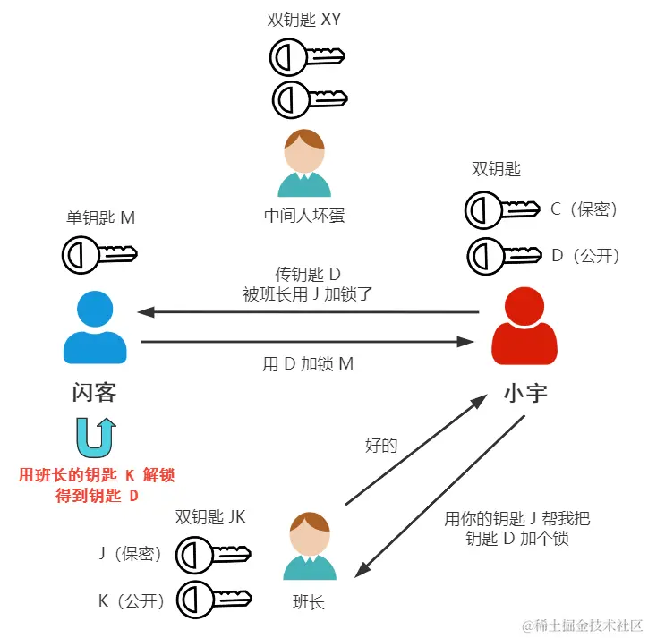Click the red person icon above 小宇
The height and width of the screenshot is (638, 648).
[525, 327]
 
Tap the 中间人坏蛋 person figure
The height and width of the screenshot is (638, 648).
[304, 163]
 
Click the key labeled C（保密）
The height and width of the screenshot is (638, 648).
[502, 210]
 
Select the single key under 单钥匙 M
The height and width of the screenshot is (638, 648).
[99, 253]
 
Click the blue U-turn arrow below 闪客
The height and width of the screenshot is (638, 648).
[95, 438]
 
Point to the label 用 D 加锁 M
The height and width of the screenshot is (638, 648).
[306, 364]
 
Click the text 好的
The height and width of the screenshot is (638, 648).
[381, 445]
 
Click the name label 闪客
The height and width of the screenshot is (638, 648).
[95, 393]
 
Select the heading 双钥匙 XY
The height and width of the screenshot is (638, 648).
[304, 19]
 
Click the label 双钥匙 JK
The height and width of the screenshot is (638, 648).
[209, 516]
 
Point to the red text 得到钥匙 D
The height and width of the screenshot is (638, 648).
[97, 495]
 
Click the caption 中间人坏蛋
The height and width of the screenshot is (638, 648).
[304, 216]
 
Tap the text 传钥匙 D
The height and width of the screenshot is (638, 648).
[308, 273]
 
